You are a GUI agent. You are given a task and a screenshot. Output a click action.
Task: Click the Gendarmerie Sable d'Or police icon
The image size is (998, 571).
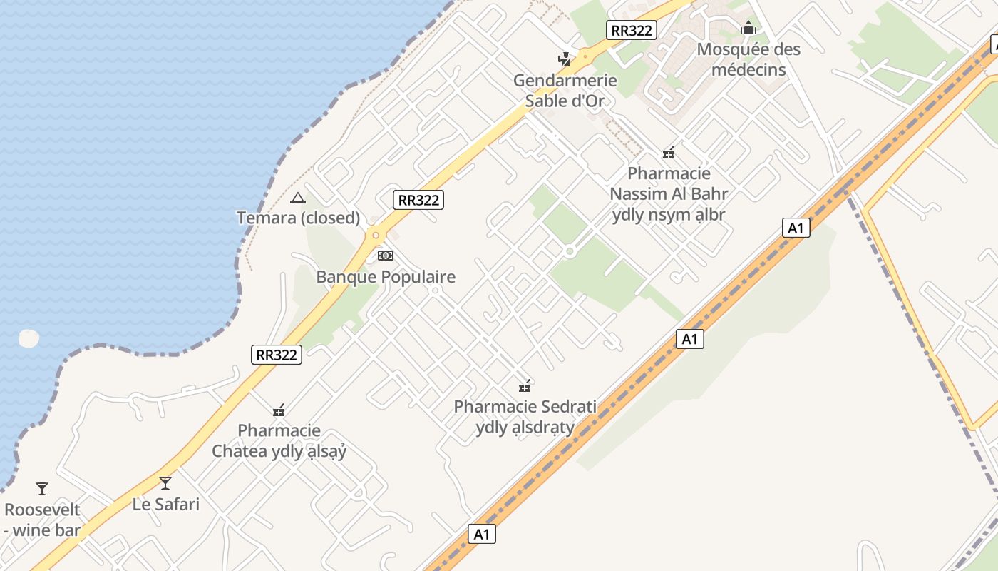(x=565, y=59)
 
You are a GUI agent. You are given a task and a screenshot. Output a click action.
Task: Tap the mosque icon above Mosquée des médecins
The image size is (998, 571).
(x=748, y=29)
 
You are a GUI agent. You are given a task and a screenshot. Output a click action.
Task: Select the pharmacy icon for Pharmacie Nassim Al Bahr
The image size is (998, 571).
(x=669, y=152)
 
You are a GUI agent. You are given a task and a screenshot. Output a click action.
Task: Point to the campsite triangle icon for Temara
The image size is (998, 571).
(x=298, y=198)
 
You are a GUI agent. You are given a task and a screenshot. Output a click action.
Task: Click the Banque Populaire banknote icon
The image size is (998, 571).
(x=386, y=255)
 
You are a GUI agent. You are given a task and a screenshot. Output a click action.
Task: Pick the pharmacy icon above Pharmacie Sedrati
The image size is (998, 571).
(x=525, y=386)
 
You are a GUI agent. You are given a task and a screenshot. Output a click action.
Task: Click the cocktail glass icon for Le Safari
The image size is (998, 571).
(x=165, y=483)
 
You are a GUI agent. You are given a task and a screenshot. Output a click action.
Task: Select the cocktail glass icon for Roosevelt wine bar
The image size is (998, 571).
(x=42, y=489)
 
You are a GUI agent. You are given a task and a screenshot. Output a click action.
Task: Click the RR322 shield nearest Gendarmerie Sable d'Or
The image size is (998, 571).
(x=632, y=30)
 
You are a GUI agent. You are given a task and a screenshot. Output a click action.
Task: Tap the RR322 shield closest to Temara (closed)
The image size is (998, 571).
(x=418, y=200)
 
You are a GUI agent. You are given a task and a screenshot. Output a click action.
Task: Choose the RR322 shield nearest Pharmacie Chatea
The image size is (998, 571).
(x=277, y=354)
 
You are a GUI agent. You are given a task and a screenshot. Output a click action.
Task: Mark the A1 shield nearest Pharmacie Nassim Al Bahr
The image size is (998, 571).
(x=796, y=228)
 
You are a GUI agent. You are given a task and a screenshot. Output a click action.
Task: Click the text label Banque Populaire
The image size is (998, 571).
(x=386, y=277)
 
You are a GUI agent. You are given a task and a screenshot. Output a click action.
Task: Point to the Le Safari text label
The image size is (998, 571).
(x=166, y=504)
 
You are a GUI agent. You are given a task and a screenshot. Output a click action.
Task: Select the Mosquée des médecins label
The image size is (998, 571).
(x=748, y=59)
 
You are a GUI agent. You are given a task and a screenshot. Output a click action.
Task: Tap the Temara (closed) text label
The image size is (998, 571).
(x=298, y=218)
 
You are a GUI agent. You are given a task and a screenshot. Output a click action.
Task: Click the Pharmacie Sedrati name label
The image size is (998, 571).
(x=525, y=407)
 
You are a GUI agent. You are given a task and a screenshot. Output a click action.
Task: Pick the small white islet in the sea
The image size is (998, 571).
(x=29, y=338)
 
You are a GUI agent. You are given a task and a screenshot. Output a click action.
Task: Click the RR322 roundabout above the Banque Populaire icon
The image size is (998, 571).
(x=375, y=234)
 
